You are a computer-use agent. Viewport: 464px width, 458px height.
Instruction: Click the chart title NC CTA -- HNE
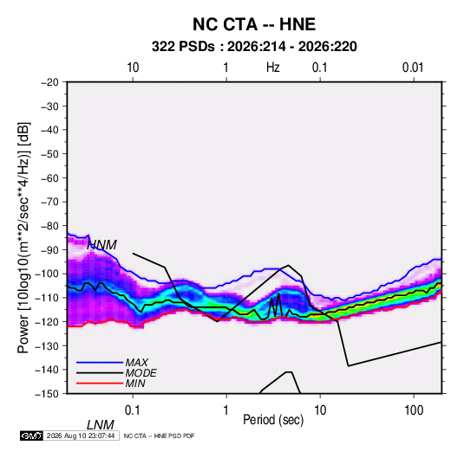(254, 24)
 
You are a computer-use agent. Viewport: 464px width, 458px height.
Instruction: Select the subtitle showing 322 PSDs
(254, 47)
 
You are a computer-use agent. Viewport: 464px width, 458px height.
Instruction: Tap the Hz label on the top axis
(273, 68)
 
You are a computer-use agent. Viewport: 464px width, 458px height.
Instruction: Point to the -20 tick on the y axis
(49, 82)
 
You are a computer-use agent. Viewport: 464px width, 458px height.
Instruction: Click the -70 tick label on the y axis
(49, 202)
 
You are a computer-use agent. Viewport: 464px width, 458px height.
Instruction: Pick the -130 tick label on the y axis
(47, 345)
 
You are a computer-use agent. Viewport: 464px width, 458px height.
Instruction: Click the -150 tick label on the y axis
(47, 394)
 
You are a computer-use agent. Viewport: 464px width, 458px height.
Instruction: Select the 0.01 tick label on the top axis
(413, 68)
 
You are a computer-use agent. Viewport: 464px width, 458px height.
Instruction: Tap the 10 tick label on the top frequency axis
(133, 68)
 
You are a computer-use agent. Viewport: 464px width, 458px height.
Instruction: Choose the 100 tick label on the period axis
(414, 410)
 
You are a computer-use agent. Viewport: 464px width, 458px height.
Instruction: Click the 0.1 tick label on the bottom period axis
(133, 410)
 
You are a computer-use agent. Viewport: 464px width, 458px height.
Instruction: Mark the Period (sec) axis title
(273, 420)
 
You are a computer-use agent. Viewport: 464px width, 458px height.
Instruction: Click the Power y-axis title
(23, 237)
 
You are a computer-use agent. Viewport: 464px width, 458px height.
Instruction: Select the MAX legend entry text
(136, 363)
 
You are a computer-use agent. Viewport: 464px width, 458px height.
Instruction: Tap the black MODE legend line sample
(100, 373)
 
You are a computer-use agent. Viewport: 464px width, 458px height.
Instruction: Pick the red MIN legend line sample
(100, 384)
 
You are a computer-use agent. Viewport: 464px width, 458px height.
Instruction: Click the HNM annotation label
(101, 245)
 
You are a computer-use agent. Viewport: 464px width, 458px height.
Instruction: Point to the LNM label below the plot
(100, 425)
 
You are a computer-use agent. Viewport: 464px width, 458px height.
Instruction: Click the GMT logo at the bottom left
(32, 435)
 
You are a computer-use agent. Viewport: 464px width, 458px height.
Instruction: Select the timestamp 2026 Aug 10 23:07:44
(81, 435)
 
